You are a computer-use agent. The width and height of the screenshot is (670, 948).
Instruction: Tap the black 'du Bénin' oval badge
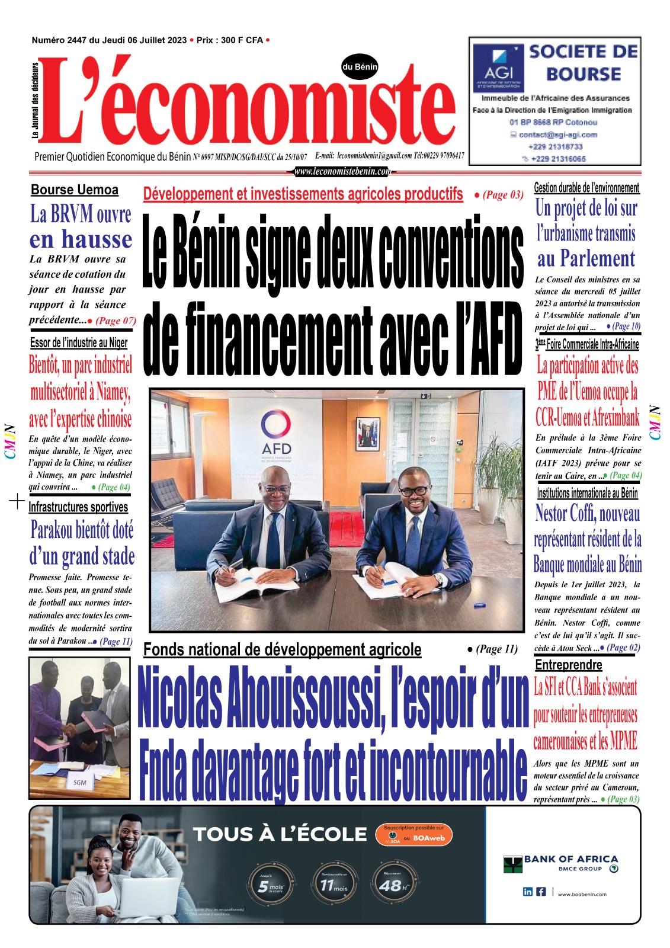click(x=360, y=67)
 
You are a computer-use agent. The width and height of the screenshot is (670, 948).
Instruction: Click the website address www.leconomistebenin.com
click(x=342, y=172)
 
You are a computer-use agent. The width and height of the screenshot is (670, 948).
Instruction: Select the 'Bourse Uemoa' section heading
click(x=75, y=190)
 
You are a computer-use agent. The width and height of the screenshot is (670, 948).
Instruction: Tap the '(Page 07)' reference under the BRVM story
click(x=116, y=321)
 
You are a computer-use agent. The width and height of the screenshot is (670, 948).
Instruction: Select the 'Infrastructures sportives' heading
click(x=78, y=507)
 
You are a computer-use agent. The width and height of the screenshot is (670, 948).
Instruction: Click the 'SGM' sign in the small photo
click(x=80, y=782)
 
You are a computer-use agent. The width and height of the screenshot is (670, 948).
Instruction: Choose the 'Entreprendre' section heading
click(x=568, y=665)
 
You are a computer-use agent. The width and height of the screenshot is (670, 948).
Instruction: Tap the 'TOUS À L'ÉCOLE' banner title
click(x=280, y=834)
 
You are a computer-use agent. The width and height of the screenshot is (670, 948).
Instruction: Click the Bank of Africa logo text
click(x=570, y=859)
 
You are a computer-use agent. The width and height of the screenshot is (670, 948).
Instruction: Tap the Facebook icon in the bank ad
click(x=541, y=892)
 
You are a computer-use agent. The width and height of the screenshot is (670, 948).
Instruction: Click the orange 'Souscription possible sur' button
click(x=413, y=834)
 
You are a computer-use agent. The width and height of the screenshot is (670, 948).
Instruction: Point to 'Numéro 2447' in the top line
click(x=59, y=40)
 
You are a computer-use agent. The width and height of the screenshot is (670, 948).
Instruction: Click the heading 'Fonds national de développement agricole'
click(x=282, y=650)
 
